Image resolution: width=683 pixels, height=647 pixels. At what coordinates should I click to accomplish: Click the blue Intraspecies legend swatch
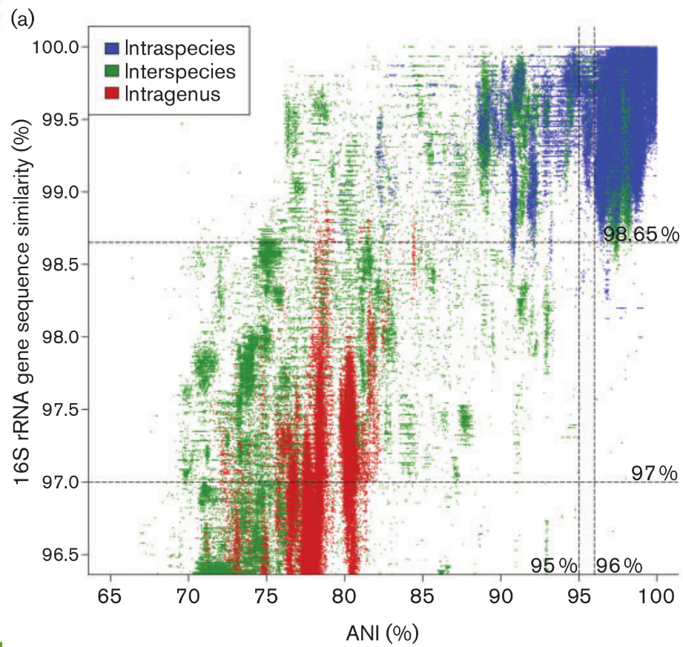click(x=112, y=49)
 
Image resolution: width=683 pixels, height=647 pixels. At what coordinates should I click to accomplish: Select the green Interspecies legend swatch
click(x=112, y=71)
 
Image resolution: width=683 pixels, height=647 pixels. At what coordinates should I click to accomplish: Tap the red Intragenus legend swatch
click(x=112, y=93)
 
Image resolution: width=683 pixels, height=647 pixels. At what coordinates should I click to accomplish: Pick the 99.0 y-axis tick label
click(x=59, y=192)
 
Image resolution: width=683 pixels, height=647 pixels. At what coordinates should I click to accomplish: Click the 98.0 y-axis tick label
click(x=59, y=337)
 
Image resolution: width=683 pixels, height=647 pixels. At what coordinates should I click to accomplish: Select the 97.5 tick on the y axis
click(x=59, y=409)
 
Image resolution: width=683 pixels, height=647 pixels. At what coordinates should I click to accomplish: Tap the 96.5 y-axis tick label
click(x=59, y=554)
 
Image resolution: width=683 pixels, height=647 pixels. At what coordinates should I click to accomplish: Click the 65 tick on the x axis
click(x=110, y=595)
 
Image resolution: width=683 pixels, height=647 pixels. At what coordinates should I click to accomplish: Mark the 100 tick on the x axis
click(x=656, y=595)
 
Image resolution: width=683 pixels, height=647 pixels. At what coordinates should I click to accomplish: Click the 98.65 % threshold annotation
click(x=640, y=235)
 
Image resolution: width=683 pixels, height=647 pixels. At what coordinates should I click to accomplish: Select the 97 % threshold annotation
click(x=655, y=473)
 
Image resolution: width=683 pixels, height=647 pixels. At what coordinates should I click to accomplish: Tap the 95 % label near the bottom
click(x=553, y=565)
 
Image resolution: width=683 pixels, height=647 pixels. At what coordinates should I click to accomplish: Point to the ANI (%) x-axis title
click(x=382, y=632)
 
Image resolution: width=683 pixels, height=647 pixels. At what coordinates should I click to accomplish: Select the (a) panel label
click(x=19, y=18)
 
